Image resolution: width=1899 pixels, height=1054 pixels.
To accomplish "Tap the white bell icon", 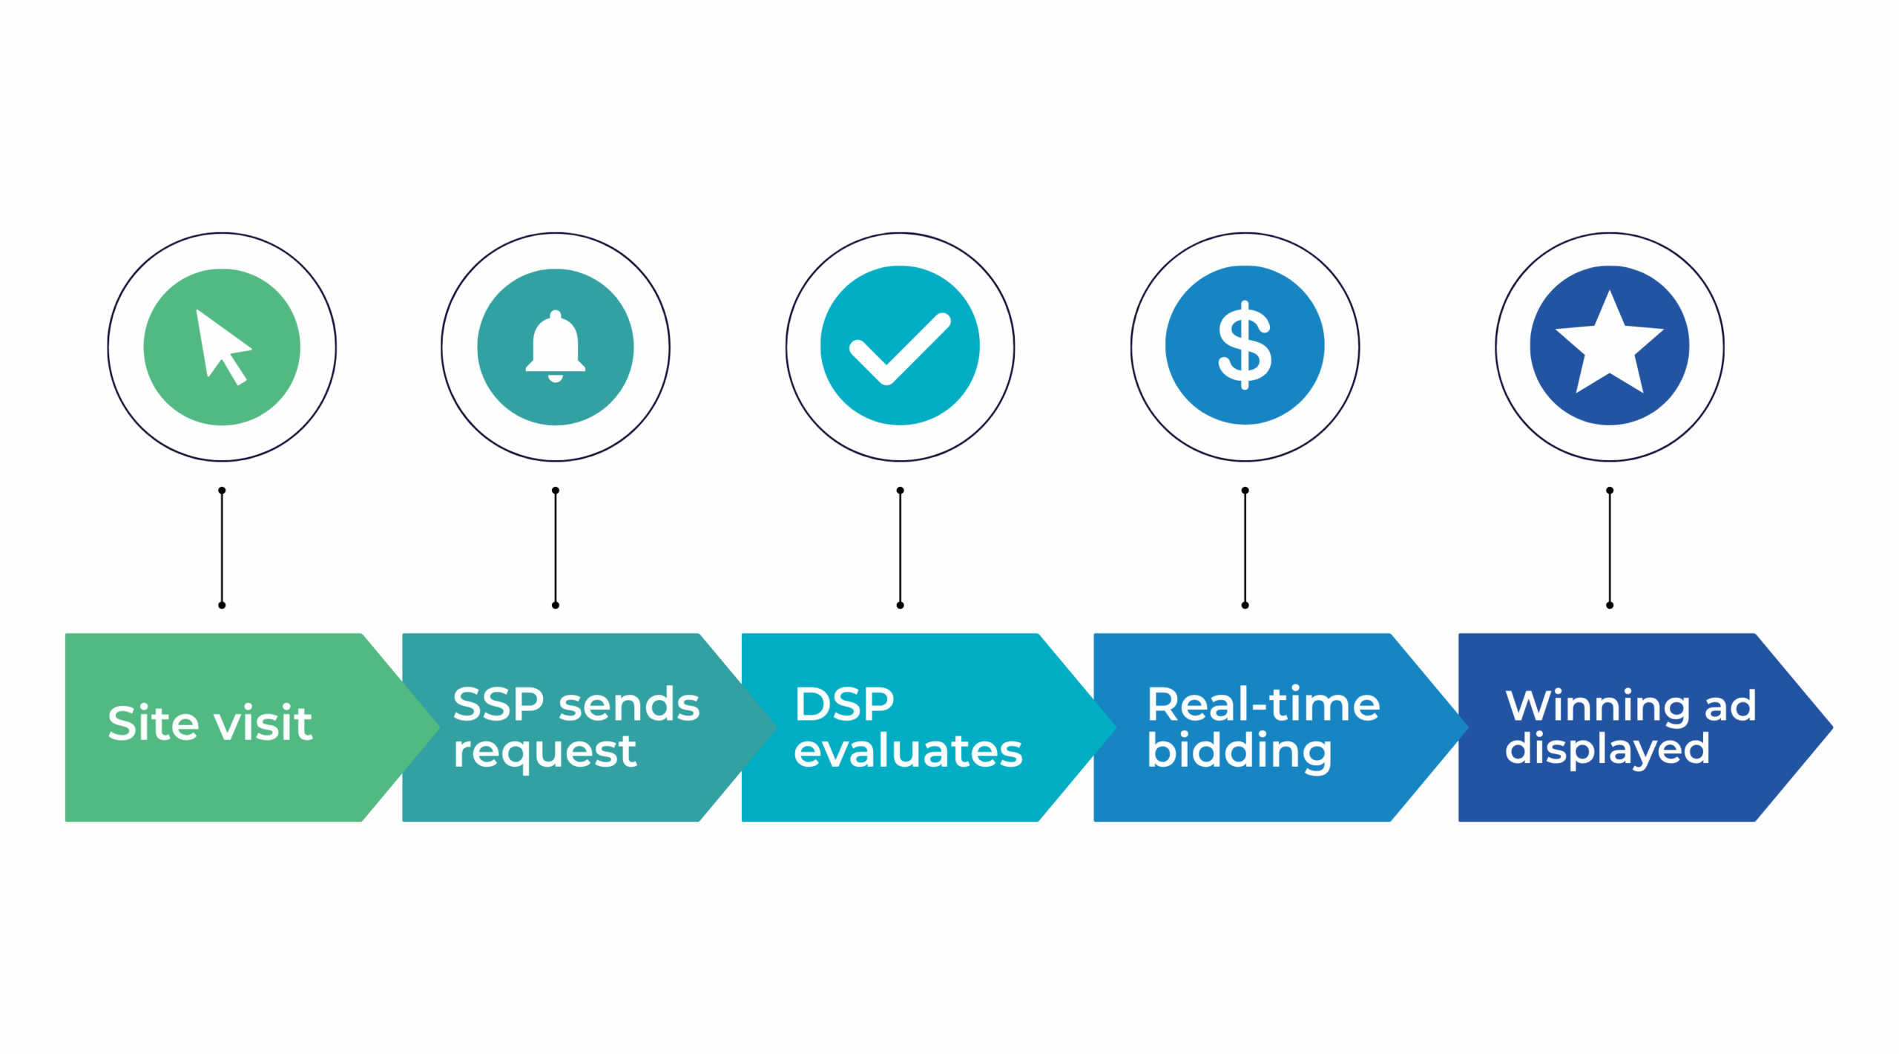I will [x=555, y=346].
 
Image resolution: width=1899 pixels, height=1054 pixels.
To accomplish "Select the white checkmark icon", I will [x=900, y=347].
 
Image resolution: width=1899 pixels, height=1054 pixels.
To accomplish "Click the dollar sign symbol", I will [x=1245, y=345].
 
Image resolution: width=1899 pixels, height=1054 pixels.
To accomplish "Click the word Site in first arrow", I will [x=153, y=723].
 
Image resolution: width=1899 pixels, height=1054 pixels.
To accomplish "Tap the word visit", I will [x=263, y=723].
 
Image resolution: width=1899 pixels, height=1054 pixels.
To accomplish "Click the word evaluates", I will [x=907, y=750].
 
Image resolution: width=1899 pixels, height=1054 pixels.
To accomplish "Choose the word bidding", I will [x=1239, y=752].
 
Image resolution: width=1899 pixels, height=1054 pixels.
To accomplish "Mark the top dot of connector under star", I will [x=1609, y=491].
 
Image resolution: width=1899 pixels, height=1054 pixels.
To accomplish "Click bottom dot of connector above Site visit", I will [x=222, y=605].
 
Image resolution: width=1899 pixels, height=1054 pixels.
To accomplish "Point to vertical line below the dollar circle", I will [x=1245, y=548].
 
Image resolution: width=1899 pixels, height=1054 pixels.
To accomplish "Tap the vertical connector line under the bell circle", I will [x=555, y=548].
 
